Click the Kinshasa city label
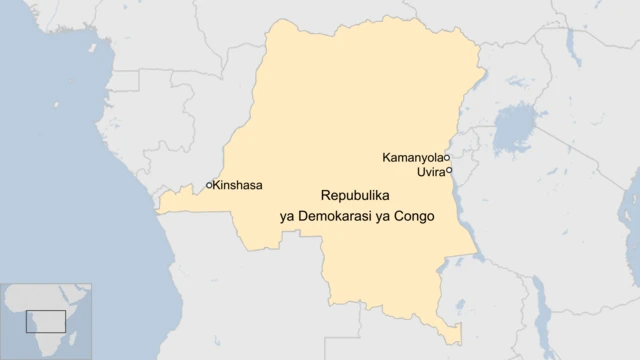238,185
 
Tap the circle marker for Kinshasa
208,185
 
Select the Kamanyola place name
412,158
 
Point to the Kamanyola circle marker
446,158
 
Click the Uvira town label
430,172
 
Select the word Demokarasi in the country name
339,215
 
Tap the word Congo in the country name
414,215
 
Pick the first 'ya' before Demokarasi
288,215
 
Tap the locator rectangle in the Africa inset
46,321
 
